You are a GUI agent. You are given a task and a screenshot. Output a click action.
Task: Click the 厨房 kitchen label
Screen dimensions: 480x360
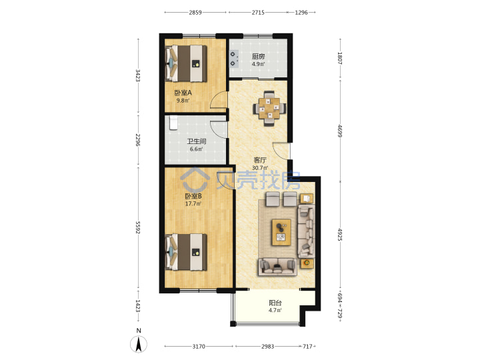click(x=259, y=57)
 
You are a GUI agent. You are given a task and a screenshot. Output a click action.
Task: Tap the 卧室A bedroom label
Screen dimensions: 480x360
click(x=183, y=93)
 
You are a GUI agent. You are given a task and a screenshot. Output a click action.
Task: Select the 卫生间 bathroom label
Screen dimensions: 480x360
click(x=197, y=142)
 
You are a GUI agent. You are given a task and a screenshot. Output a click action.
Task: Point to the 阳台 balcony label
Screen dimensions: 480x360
click(x=275, y=303)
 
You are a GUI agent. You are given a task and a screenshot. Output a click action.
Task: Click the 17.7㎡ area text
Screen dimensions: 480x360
click(x=193, y=203)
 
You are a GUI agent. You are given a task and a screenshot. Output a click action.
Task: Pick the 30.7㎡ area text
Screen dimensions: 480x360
click(x=260, y=168)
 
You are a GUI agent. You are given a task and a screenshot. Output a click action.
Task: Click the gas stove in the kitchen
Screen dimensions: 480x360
click(x=234, y=59)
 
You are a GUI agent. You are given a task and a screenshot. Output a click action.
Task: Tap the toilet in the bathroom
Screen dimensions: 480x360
click(x=173, y=123)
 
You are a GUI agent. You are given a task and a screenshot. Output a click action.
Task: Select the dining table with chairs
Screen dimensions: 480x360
click(x=270, y=109)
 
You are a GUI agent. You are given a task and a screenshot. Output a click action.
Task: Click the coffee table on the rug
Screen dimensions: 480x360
click(x=281, y=233)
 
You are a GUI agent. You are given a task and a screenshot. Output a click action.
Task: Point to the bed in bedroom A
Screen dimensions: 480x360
click(x=186, y=64)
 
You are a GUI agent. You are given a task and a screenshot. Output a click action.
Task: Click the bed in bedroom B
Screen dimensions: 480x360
click(x=186, y=252)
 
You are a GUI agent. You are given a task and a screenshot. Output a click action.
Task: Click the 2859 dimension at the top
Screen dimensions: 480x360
click(x=195, y=13)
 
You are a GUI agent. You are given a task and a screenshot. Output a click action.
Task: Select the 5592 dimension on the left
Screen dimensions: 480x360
click(x=138, y=228)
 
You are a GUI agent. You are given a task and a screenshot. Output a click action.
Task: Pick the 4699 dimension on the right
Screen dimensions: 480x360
click(x=340, y=131)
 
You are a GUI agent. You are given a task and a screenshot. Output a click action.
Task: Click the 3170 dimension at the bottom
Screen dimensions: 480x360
click(x=199, y=347)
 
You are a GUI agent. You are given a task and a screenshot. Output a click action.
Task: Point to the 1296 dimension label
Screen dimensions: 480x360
click(x=301, y=13)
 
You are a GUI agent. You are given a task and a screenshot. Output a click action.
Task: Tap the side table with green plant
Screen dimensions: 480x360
click(x=307, y=263)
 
